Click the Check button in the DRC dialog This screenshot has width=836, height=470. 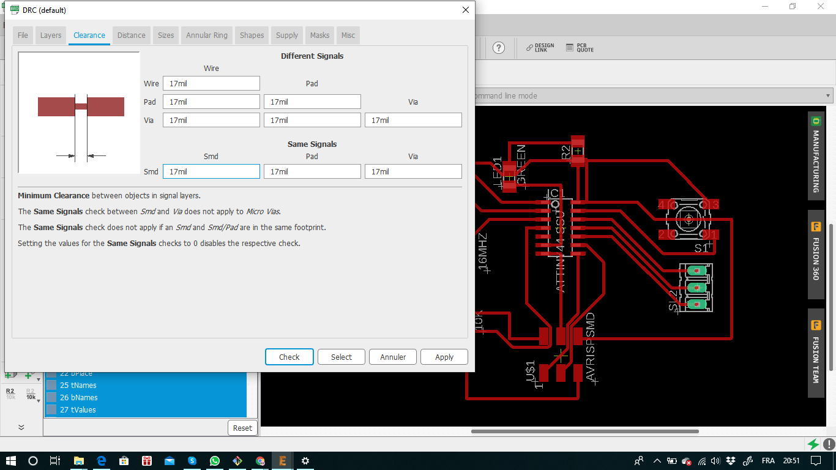[289, 357]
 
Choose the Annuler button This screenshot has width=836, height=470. [393, 357]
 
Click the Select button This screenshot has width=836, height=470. [341, 357]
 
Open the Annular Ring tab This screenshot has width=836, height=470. [207, 35]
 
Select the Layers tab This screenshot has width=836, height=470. [51, 35]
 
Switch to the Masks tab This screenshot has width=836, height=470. [319, 35]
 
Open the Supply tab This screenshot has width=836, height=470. [287, 35]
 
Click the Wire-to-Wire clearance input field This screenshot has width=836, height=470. [211, 83]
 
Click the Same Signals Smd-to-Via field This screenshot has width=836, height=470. [413, 171]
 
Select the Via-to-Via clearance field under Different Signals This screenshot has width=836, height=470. [413, 120]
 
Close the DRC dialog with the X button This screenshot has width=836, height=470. [466, 10]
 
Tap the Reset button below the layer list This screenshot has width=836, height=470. [242, 428]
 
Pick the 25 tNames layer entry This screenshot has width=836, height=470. [78, 386]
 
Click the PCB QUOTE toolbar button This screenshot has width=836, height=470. [580, 48]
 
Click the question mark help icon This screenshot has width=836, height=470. [499, 48]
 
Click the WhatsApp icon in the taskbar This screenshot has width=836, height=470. [214, 461]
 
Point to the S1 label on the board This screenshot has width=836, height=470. [701, 248]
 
